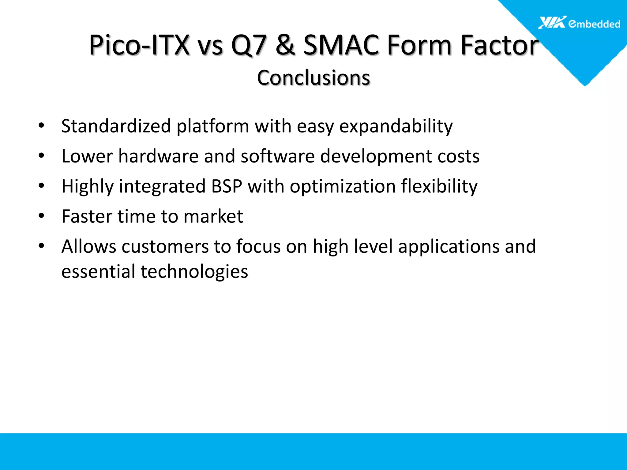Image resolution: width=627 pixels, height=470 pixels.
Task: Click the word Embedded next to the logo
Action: (594, 24)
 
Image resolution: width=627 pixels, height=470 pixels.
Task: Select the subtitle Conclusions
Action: (313, 78)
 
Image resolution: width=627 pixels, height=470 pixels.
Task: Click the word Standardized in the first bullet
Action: (116, 126)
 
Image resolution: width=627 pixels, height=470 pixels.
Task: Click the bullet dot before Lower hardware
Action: (42, 156)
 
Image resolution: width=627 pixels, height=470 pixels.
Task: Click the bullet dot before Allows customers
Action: (42, 246)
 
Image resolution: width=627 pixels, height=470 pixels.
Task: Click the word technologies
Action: (194, 271)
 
